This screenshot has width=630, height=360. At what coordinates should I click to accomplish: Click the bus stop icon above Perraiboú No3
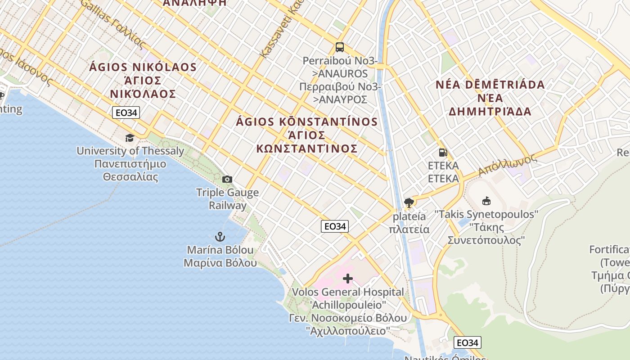340,47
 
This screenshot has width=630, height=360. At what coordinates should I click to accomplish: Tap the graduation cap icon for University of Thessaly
130,138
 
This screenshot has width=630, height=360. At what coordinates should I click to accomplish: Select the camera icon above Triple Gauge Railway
227,180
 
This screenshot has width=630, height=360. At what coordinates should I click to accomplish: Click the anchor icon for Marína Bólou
220,237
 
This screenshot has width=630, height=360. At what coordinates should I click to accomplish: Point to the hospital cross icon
348,279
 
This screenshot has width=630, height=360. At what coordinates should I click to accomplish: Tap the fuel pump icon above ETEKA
443,153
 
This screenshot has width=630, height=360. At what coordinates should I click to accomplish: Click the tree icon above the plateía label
409,203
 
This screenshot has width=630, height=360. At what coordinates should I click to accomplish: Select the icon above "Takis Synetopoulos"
486,201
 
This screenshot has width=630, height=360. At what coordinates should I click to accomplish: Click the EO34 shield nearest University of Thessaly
126,112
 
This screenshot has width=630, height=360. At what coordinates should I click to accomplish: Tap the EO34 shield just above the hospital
335,226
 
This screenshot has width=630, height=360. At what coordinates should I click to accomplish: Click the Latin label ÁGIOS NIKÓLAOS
143,67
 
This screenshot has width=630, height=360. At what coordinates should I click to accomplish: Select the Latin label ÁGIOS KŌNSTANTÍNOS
307,122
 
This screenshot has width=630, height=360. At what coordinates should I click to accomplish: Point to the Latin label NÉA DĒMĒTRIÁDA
490,85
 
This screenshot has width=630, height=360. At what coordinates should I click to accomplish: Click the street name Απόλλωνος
508,165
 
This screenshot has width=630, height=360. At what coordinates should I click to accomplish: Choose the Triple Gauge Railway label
227,199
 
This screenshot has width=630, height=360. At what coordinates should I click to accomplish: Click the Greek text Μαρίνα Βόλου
220,263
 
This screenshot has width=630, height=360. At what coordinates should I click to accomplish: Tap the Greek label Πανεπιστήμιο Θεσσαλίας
130,170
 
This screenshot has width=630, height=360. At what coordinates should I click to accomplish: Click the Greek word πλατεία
409,229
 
